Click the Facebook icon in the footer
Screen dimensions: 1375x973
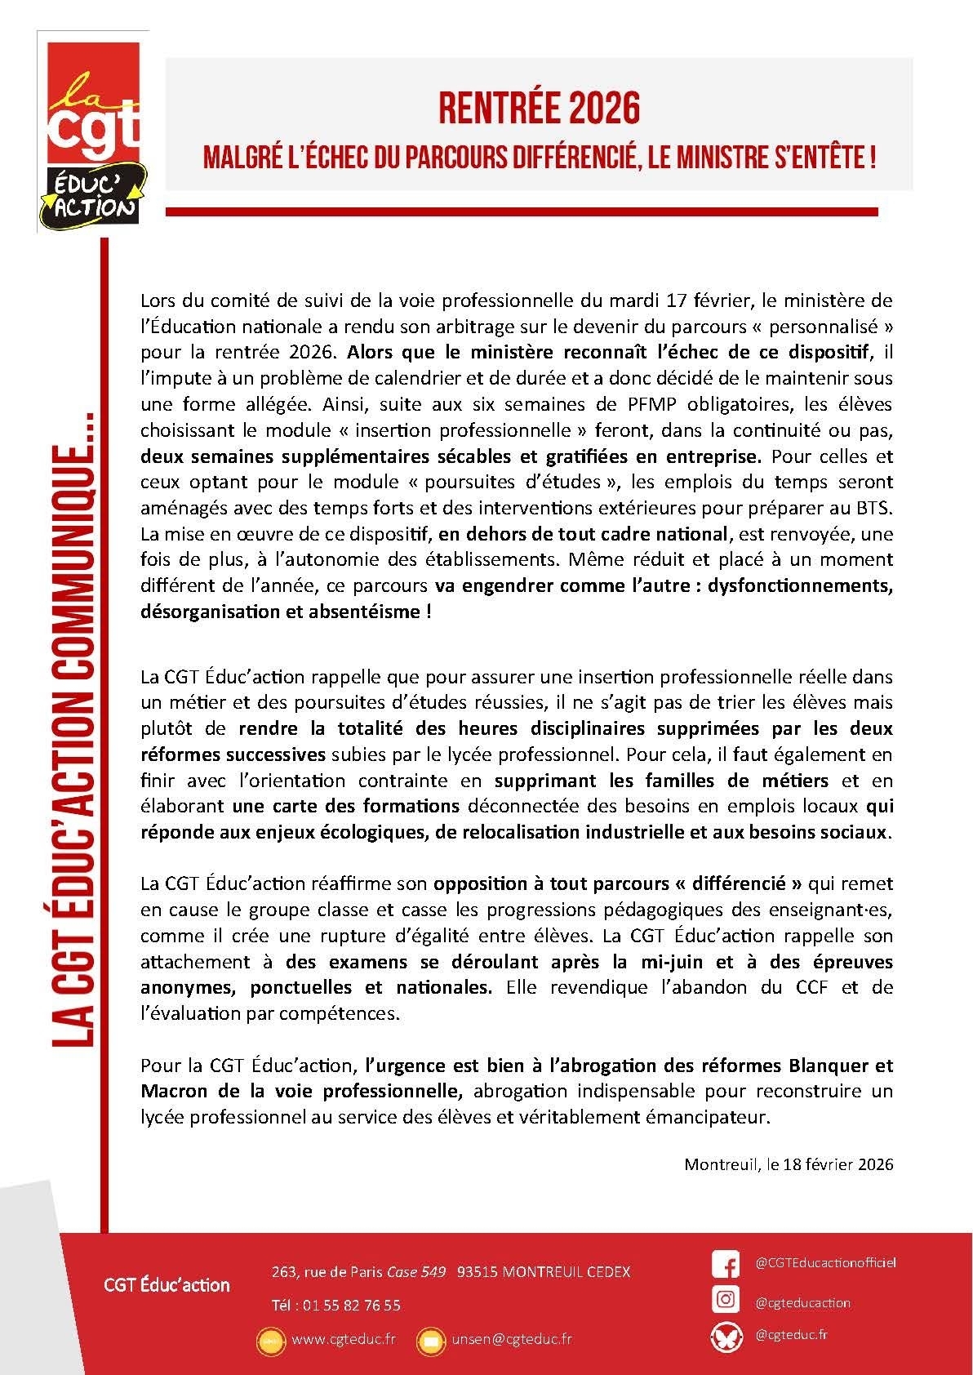pyautogui.click(x=725, y=1263)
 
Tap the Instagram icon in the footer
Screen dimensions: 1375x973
pyautogui.click(x=725, y=1299)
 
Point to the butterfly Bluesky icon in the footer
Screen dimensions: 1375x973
pyautogui.click(x=725, y=1336)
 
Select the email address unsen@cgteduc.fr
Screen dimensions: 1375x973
pyautogui.click(x=511, y=1339)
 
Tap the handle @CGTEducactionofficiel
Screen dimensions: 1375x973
pyautogui.click(x=825, y=1262)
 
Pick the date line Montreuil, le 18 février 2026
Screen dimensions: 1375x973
pyautogui.click(x=789, y=1164)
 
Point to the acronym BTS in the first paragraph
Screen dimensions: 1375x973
pyautogui.click(x=877, y=508)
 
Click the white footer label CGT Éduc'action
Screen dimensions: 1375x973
pyautogui.click(x=167, y=1285)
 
